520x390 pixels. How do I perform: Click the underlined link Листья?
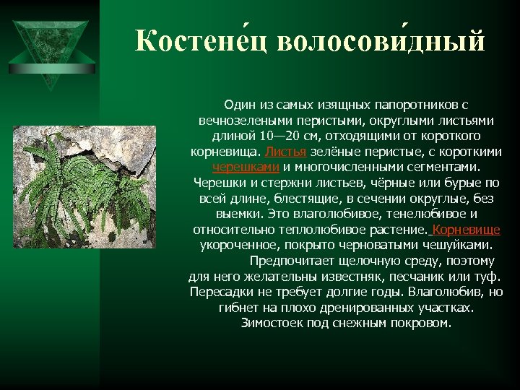[287, 152]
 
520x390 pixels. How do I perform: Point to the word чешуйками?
[447, 246]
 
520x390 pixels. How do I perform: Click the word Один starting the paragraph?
[239, 105]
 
